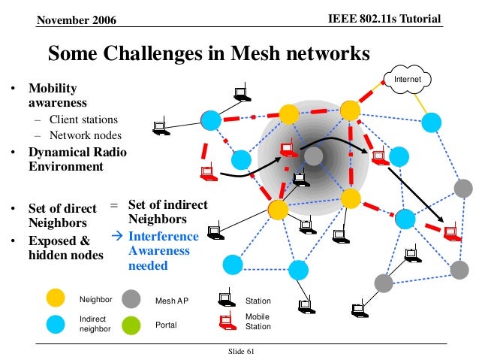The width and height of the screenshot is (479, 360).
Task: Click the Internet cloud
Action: coord(408,79)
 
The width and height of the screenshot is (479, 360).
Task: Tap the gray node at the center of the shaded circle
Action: coord(314,156)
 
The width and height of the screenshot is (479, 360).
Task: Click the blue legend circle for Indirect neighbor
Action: coord(54,325)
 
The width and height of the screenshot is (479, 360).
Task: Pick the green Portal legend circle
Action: coord(132,325)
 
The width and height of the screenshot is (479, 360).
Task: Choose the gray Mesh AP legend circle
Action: coord(132,300)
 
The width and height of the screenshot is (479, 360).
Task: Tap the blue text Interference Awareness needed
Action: coord(164,251)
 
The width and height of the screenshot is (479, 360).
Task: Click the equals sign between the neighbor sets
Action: coord(114,204)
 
